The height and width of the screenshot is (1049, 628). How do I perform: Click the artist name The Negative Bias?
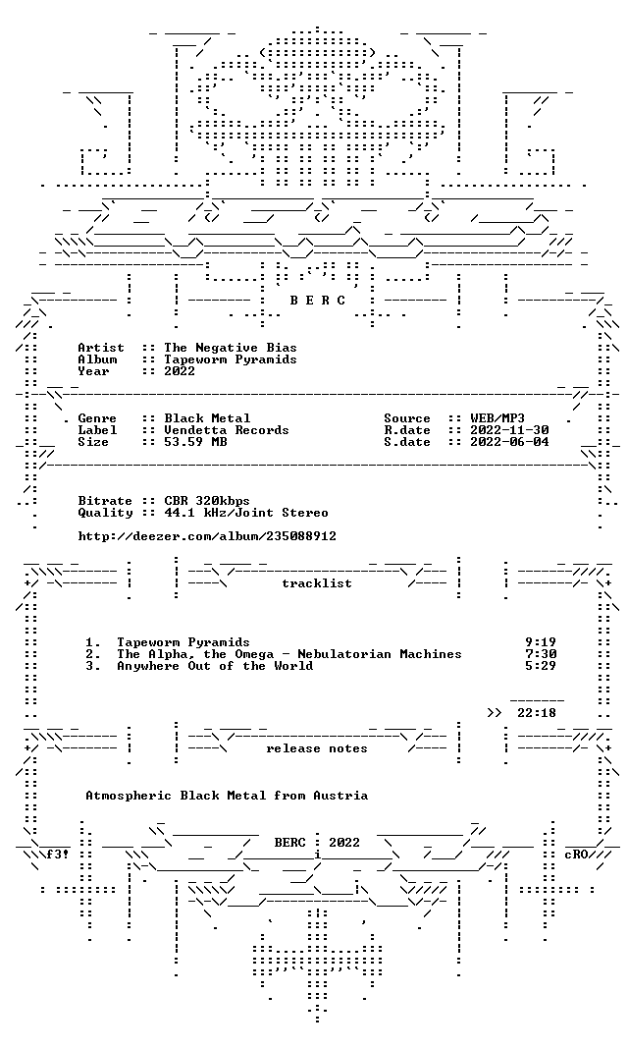(x=231, y=348)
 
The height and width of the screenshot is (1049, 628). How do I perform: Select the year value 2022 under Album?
(x=180, y=371)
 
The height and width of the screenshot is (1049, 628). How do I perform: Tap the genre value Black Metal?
(x=207, y=418)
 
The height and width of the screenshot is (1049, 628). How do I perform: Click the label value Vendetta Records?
(x=227, y=430)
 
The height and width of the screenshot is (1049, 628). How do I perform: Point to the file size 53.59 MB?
(x=195, y=442)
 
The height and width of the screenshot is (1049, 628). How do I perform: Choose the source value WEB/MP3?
(x=497, y=418)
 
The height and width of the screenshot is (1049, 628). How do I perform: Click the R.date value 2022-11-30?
(x=509, y=430)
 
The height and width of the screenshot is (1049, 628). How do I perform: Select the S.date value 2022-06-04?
(x=509, y=442)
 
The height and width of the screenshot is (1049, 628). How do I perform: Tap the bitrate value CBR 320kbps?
(x=207, y=501)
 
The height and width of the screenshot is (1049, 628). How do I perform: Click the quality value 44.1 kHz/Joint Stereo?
(x=246, y=513)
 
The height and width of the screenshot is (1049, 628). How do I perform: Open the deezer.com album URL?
(x=207, y=536)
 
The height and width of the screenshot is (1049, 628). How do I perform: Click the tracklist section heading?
(x=317, y=583)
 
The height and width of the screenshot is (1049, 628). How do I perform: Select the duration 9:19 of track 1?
(x=541, y=643)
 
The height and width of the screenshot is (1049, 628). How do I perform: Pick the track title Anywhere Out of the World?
(x=215, y=666)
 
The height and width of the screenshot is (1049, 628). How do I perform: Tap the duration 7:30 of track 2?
(x=541, y=654)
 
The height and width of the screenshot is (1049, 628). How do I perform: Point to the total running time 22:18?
(x=537, y=713)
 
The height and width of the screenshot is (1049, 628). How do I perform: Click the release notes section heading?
(x=317, y=748)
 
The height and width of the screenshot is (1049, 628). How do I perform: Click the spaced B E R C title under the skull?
(x=317, y=301)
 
